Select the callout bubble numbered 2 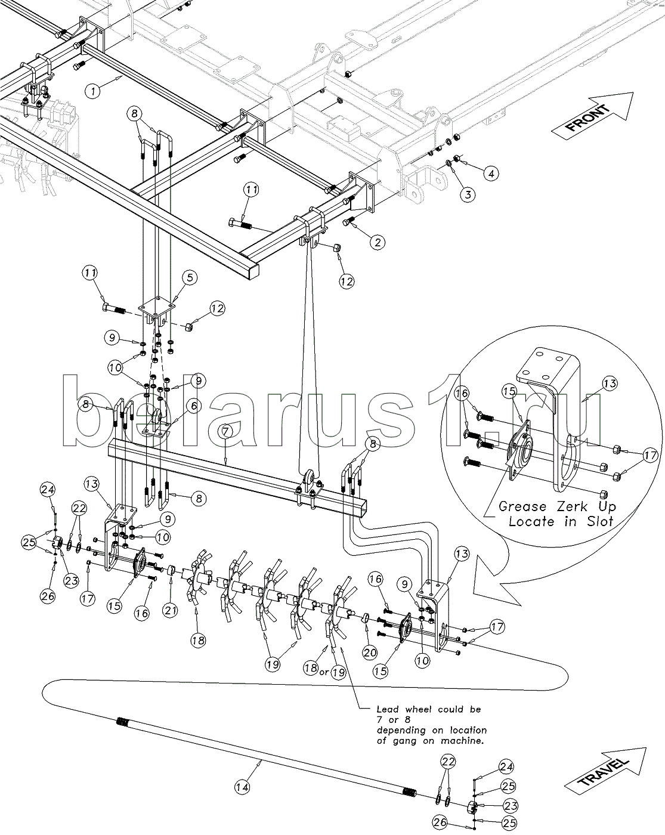click(377, 242)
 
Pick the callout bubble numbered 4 click(491, 174)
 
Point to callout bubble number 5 click(189, 277)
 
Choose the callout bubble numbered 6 click(193, 406)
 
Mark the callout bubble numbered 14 click(242, 787)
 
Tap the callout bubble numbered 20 click(370, 652)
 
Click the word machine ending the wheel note click(463, 741)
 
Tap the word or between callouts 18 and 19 click(324, 672)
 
